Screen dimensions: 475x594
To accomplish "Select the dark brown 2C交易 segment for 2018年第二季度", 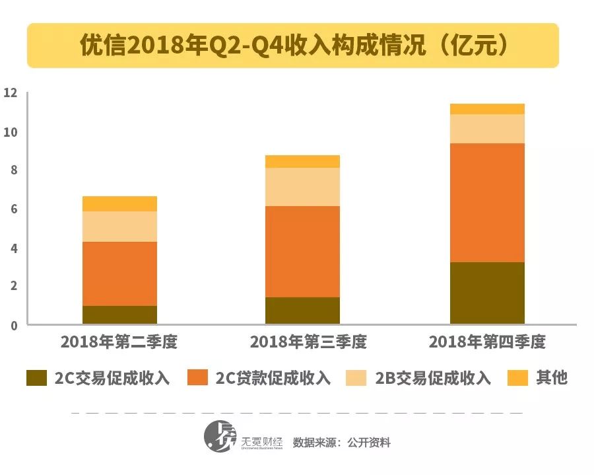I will tap(119, 314).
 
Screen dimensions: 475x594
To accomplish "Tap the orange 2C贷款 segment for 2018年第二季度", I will tap(119, 274).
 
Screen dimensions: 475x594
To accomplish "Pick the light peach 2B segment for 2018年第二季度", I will tap(119, 227).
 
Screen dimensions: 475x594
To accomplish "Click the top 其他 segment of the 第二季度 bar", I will tap(119, 203).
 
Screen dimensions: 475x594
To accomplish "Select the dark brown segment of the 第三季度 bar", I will tap(302, 311).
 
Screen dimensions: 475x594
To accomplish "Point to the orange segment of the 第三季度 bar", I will tap(302, 252).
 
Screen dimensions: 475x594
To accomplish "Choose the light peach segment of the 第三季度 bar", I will tap(302, 187).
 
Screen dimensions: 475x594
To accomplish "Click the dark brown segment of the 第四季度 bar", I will tap(487, 293).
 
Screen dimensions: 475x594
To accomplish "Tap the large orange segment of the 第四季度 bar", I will tap(487, 203).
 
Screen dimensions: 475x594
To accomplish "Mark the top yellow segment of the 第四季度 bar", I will tap(487, 109).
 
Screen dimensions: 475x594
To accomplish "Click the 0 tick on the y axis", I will tap(13, 325).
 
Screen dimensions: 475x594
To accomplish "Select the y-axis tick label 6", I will tap(13, 209).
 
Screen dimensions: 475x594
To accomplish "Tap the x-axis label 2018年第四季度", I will tap(487, 342).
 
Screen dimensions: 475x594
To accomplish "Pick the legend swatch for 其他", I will tap(518, 378).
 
